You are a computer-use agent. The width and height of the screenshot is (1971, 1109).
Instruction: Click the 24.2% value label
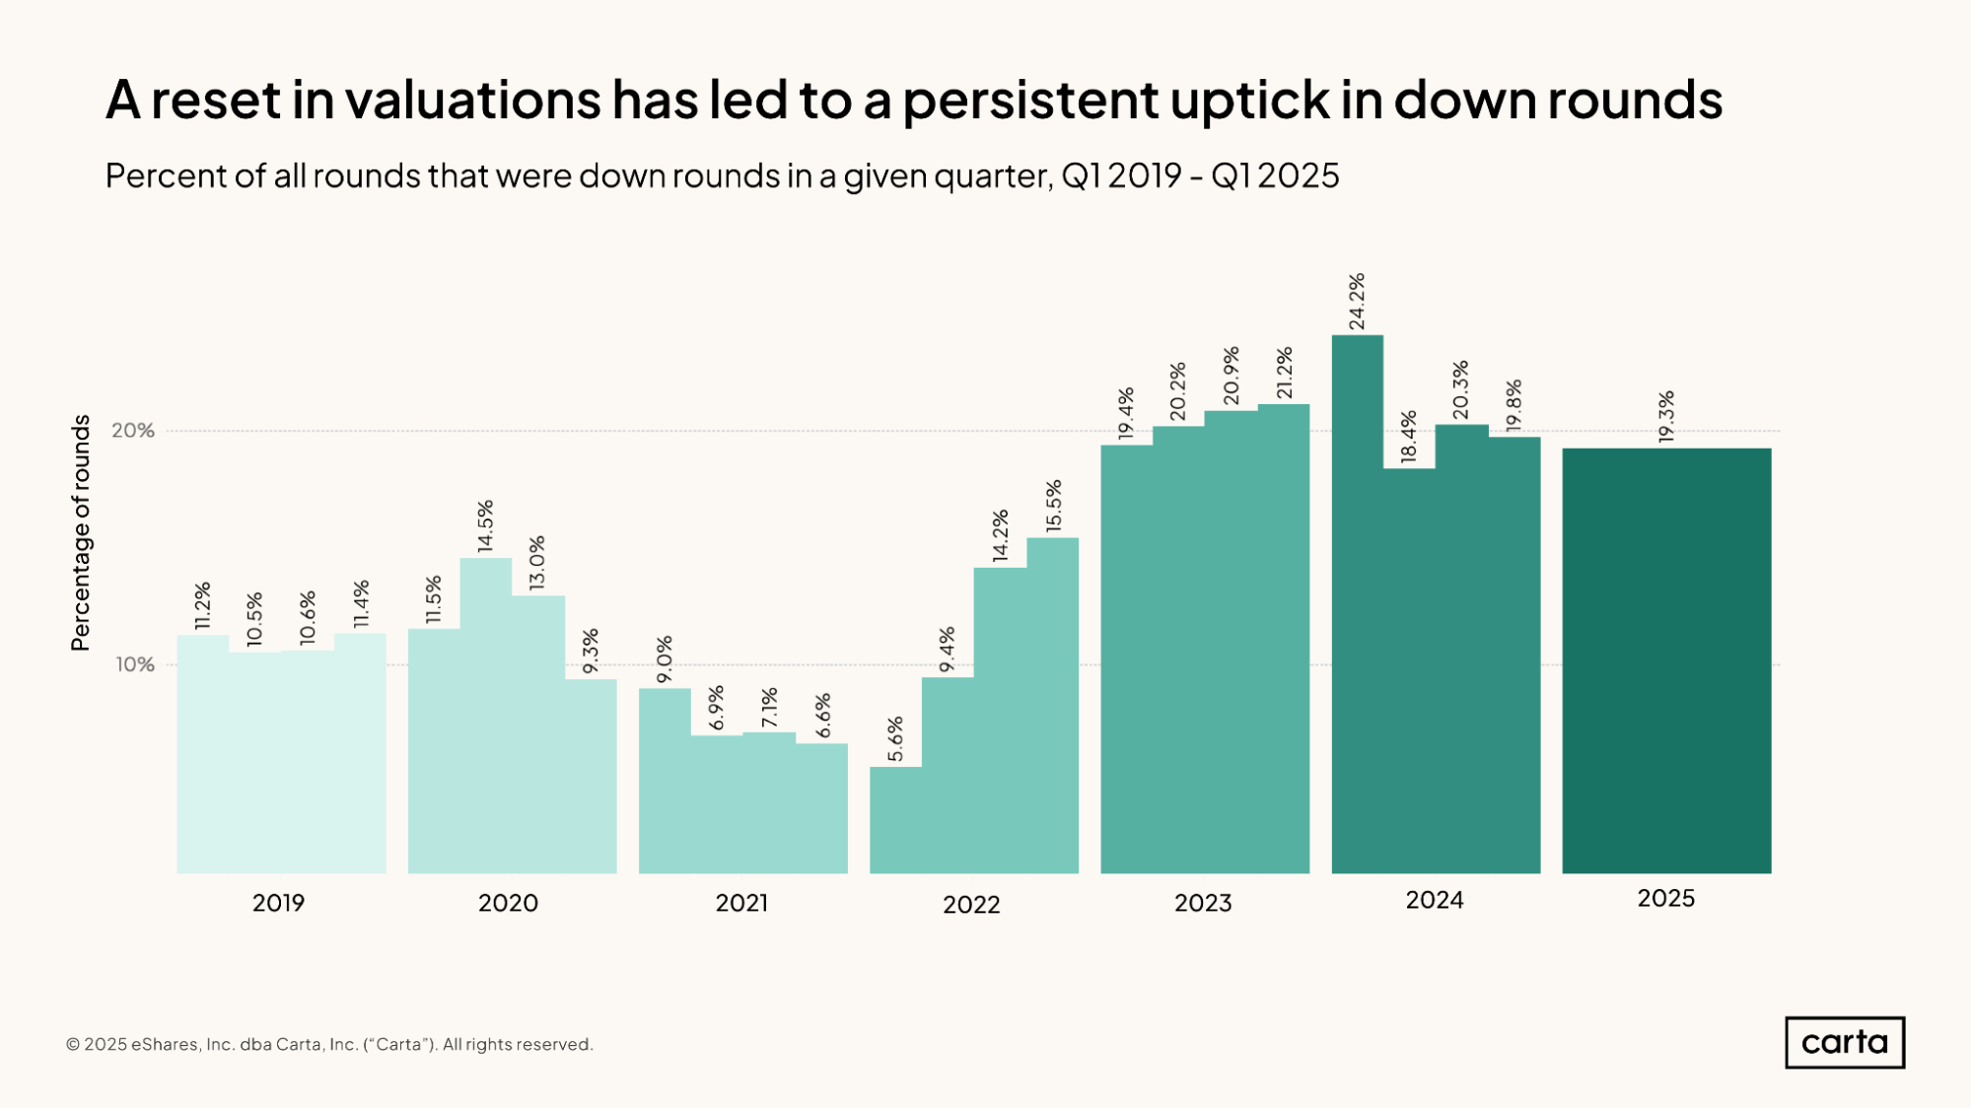tap(1357, 302)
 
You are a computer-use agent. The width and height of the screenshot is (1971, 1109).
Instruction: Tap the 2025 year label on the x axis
tap(1665, 898)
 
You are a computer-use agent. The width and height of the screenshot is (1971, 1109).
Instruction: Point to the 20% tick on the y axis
tap(133, 431)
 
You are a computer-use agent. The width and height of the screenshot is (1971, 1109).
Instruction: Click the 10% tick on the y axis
tap(135, 664)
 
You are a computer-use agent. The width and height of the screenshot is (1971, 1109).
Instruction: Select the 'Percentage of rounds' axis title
tap(81, 532)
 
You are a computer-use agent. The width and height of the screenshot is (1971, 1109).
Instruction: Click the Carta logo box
tap(1844, 1042)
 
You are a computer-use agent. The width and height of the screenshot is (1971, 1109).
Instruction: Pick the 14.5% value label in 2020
tap(485, 525)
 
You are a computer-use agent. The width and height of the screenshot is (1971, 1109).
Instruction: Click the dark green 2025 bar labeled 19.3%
tap(1666, 660)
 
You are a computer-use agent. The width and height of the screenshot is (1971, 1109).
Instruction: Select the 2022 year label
tap(971, 904)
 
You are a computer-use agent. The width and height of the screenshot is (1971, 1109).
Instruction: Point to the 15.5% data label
tap(1054, 506)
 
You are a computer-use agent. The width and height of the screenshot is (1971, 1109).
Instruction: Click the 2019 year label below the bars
tap(278, 902)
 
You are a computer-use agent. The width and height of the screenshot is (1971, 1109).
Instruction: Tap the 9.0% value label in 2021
tap(665, 659)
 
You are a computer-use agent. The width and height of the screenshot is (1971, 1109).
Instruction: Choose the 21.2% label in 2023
tap(1284, 373)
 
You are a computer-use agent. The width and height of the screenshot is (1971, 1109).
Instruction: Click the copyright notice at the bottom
tap(329, 1044)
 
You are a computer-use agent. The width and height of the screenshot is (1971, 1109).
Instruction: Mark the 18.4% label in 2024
tap(1409, 437)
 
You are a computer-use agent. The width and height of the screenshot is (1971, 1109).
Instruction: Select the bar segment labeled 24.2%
tap(1357, 601)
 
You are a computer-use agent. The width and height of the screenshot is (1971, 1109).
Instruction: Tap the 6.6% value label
tap(823, 716)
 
